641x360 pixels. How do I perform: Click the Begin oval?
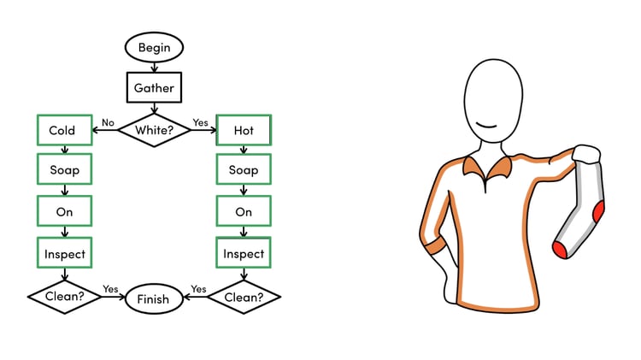coord(154,48)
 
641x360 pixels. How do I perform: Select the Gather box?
coord(154,87)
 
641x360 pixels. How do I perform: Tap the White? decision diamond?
coord(154,130)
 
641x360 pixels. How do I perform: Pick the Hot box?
coord(244,130)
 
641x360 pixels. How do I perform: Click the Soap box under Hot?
coord(244,170)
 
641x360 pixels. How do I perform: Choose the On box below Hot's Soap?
coord(244,211)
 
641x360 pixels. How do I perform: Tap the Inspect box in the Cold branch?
coord(64,253)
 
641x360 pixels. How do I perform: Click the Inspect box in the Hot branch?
coord(244,253)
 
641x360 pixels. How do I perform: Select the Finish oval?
coord(154,298)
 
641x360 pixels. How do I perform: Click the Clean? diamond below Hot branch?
coord(244,298)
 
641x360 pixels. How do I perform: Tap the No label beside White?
coord(108,122)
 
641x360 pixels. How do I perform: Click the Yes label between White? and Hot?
coord(200,122)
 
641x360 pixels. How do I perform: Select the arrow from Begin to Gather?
coord(154,67)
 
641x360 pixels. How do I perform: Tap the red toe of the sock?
coord(560,249)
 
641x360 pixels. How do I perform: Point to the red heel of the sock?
coord(598,210)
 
